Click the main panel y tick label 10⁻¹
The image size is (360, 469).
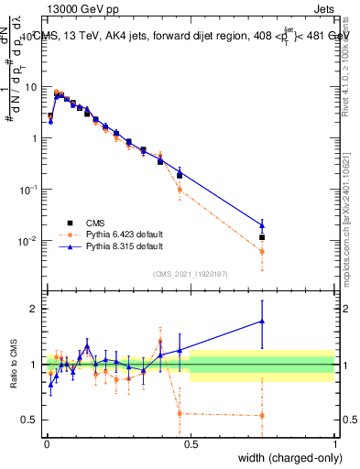(30, 190)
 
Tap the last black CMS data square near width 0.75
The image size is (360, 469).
(262, 237)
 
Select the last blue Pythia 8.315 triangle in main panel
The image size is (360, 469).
(262, 224)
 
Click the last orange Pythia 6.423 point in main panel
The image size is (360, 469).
(262, 251)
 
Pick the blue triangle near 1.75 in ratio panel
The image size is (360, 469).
(262, 321)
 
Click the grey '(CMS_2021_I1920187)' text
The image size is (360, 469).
(191, 274)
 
